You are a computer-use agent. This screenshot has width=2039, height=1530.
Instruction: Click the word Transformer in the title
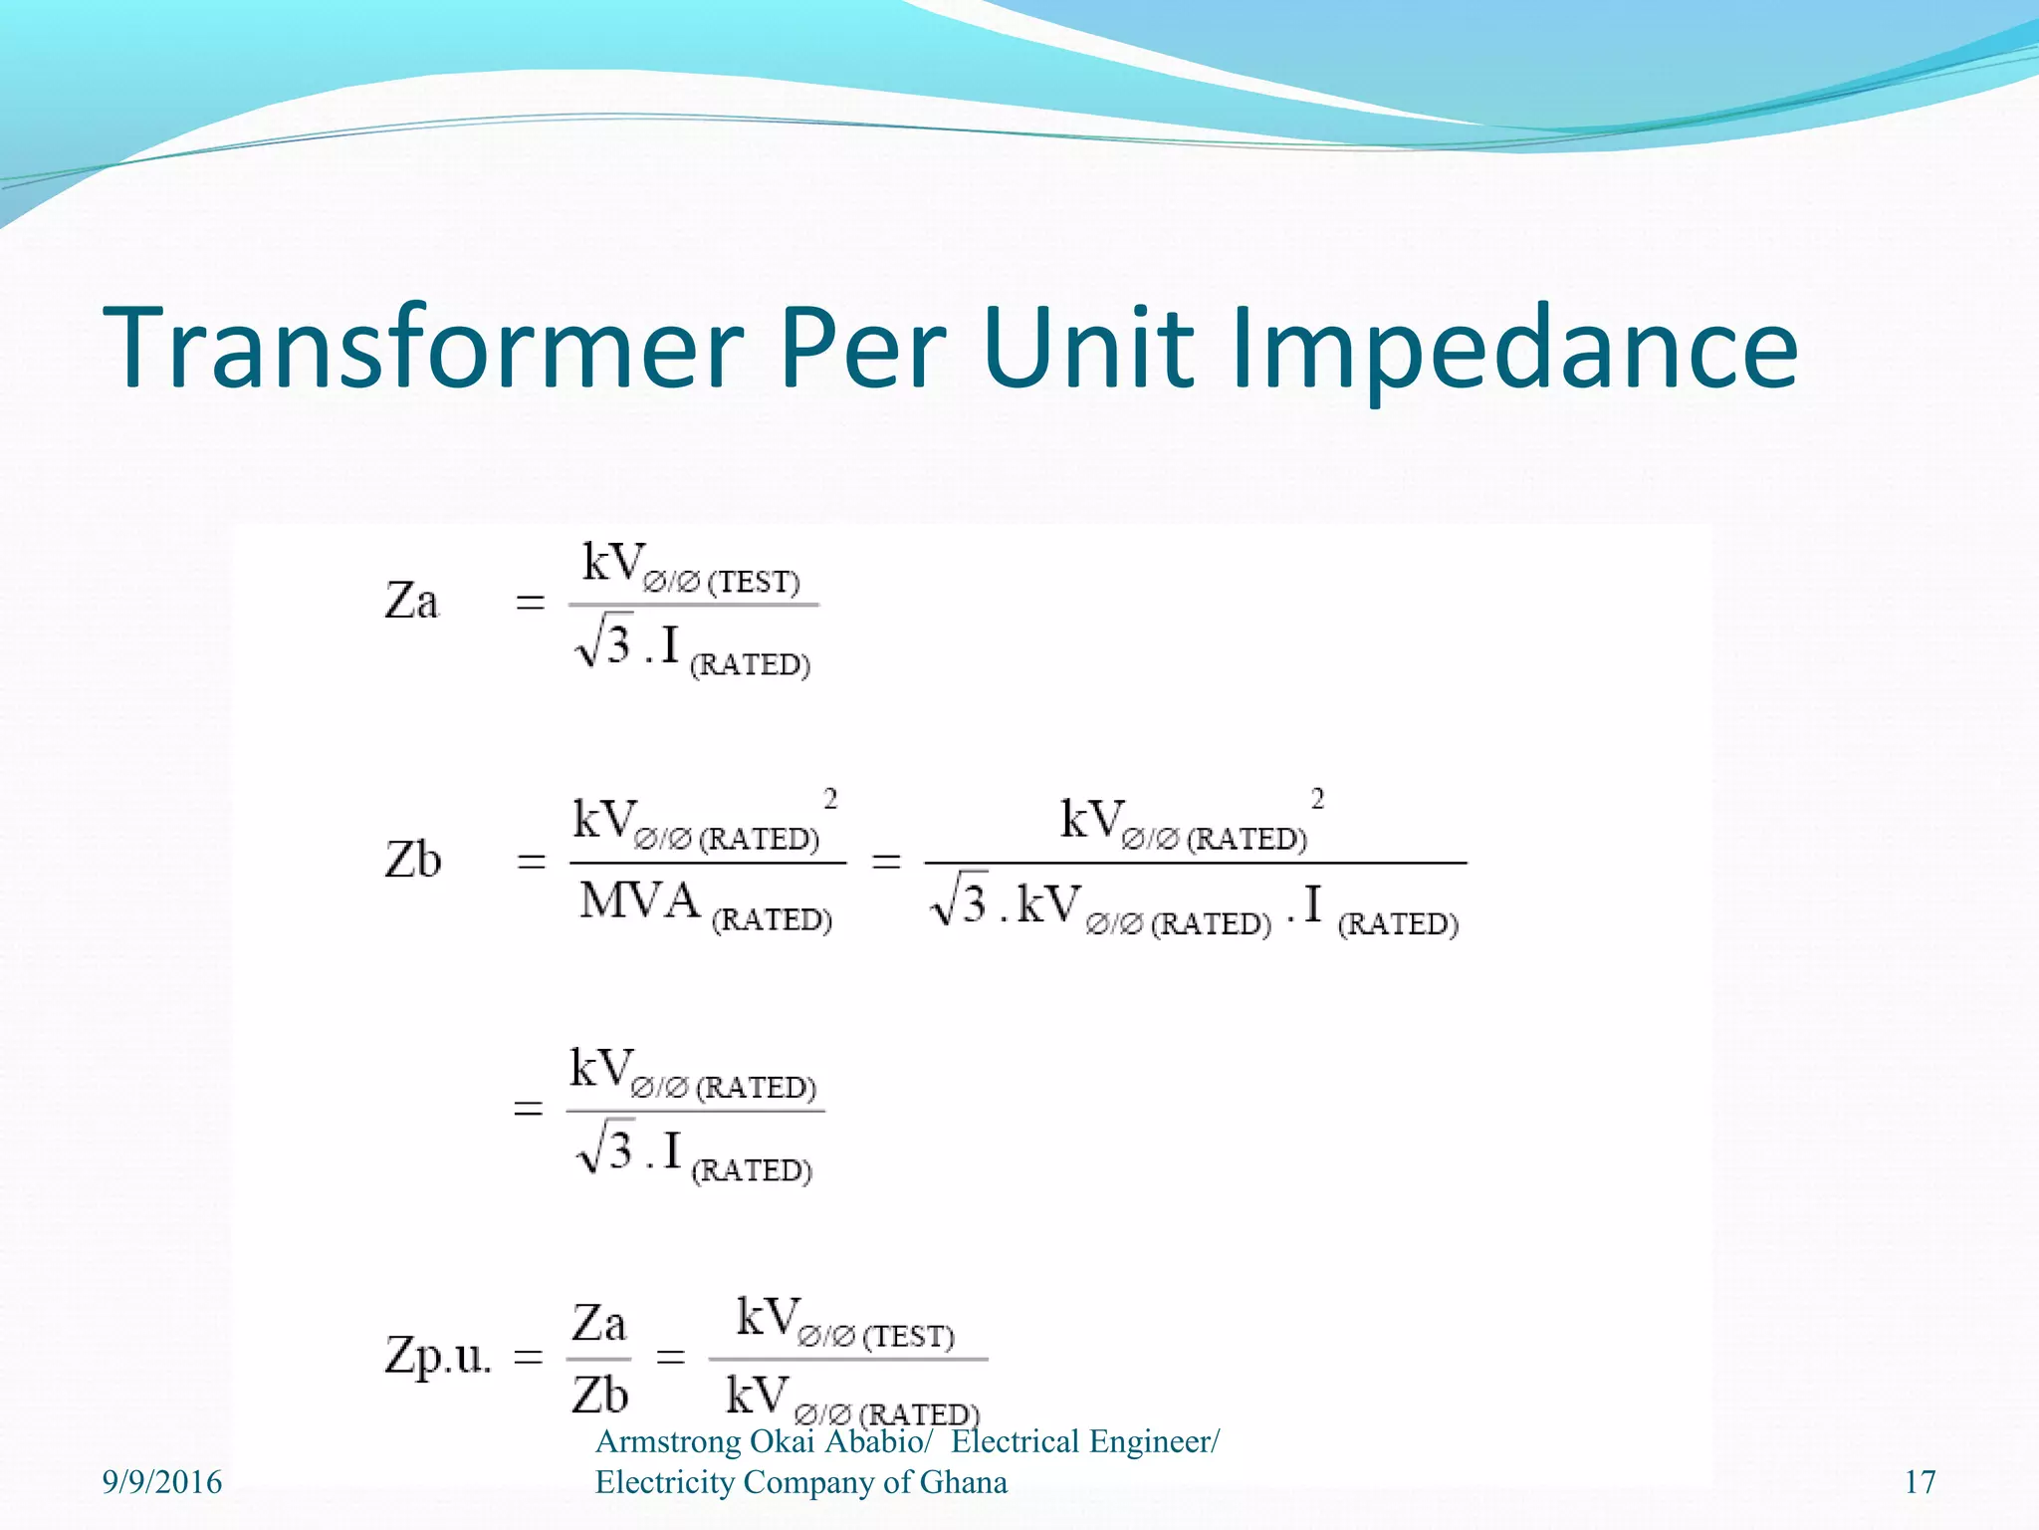click(423, 348)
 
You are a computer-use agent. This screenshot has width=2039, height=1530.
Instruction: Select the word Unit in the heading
click(1087, 348)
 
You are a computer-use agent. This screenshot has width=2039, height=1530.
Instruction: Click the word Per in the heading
click(862, 348)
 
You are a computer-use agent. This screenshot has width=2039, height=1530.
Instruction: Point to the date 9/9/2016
click(162, 1482)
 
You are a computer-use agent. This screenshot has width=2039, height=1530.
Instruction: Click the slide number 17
click(1920, 1482)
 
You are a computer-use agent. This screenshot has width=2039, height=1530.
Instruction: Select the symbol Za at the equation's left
click(411, 602)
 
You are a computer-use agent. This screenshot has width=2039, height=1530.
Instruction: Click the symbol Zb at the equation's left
click(412, 860)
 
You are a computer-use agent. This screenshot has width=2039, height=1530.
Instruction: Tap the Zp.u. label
click(438, 1356)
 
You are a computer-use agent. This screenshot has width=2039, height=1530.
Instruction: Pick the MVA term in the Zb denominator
click(640, 901)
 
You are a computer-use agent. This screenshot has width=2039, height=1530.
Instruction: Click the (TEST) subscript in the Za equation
click(754, 583)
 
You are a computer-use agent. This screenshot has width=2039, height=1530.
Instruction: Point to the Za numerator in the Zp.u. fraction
click(598, 1324)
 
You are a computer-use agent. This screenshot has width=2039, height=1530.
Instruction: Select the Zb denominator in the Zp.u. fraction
click(599, 1395)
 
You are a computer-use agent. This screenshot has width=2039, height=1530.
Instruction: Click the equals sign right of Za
click(531, 603)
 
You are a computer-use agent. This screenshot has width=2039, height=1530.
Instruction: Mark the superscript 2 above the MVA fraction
click(830, 798)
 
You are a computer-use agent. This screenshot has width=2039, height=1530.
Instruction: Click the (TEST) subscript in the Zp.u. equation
click(908, 1337)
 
